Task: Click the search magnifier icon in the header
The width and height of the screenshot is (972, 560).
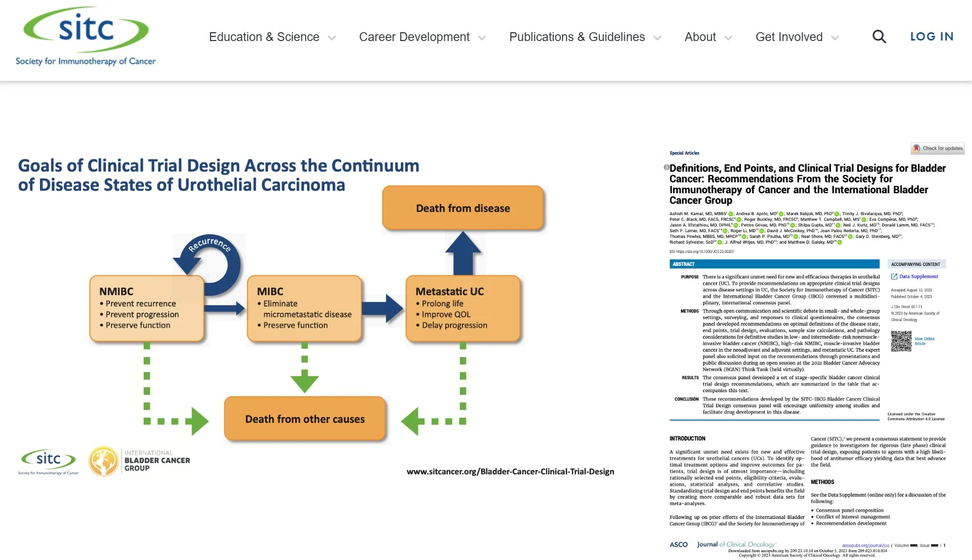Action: pyautogui.click(x=879, y=36)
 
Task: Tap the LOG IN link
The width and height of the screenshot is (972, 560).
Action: pyautogui.click(x=932, y=36)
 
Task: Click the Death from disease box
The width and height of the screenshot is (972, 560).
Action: pyautogui.click(x=463, y=208)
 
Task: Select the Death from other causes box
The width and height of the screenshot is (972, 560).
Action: pyautogui.click(x=305, y=419)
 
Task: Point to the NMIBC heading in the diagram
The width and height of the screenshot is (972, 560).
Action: pyautogui.click(x=116, y=291)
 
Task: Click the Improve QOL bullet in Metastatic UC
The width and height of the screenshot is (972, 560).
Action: pyautogui.click(x=446, y=314)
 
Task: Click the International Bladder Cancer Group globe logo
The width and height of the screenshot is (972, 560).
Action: pyautogui.click(x=103, y=460)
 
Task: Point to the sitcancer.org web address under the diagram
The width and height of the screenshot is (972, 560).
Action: pyautogui.click(x=510, y=472)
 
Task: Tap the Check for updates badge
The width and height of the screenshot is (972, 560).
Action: pyautogui.click(x=938, y=149)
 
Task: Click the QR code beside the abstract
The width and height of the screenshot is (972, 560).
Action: pyautogui.click(x=901, y=341)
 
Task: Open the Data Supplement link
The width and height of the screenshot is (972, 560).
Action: pyautogui.click(x=918, y=276)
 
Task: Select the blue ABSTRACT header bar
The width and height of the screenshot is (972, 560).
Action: pyautogui.click(x=774, y=264)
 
